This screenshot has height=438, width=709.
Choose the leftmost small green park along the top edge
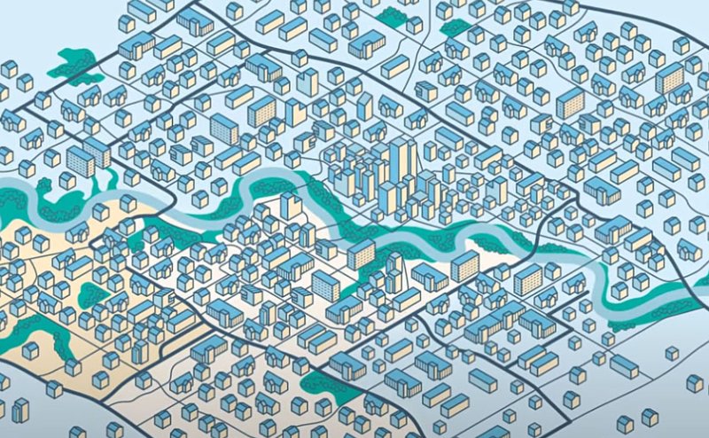(390, 15)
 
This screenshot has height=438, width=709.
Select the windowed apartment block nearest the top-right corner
(669, 78)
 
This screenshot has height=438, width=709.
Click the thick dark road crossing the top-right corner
(647, 21)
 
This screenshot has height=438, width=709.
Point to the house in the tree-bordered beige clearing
(30, 349)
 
